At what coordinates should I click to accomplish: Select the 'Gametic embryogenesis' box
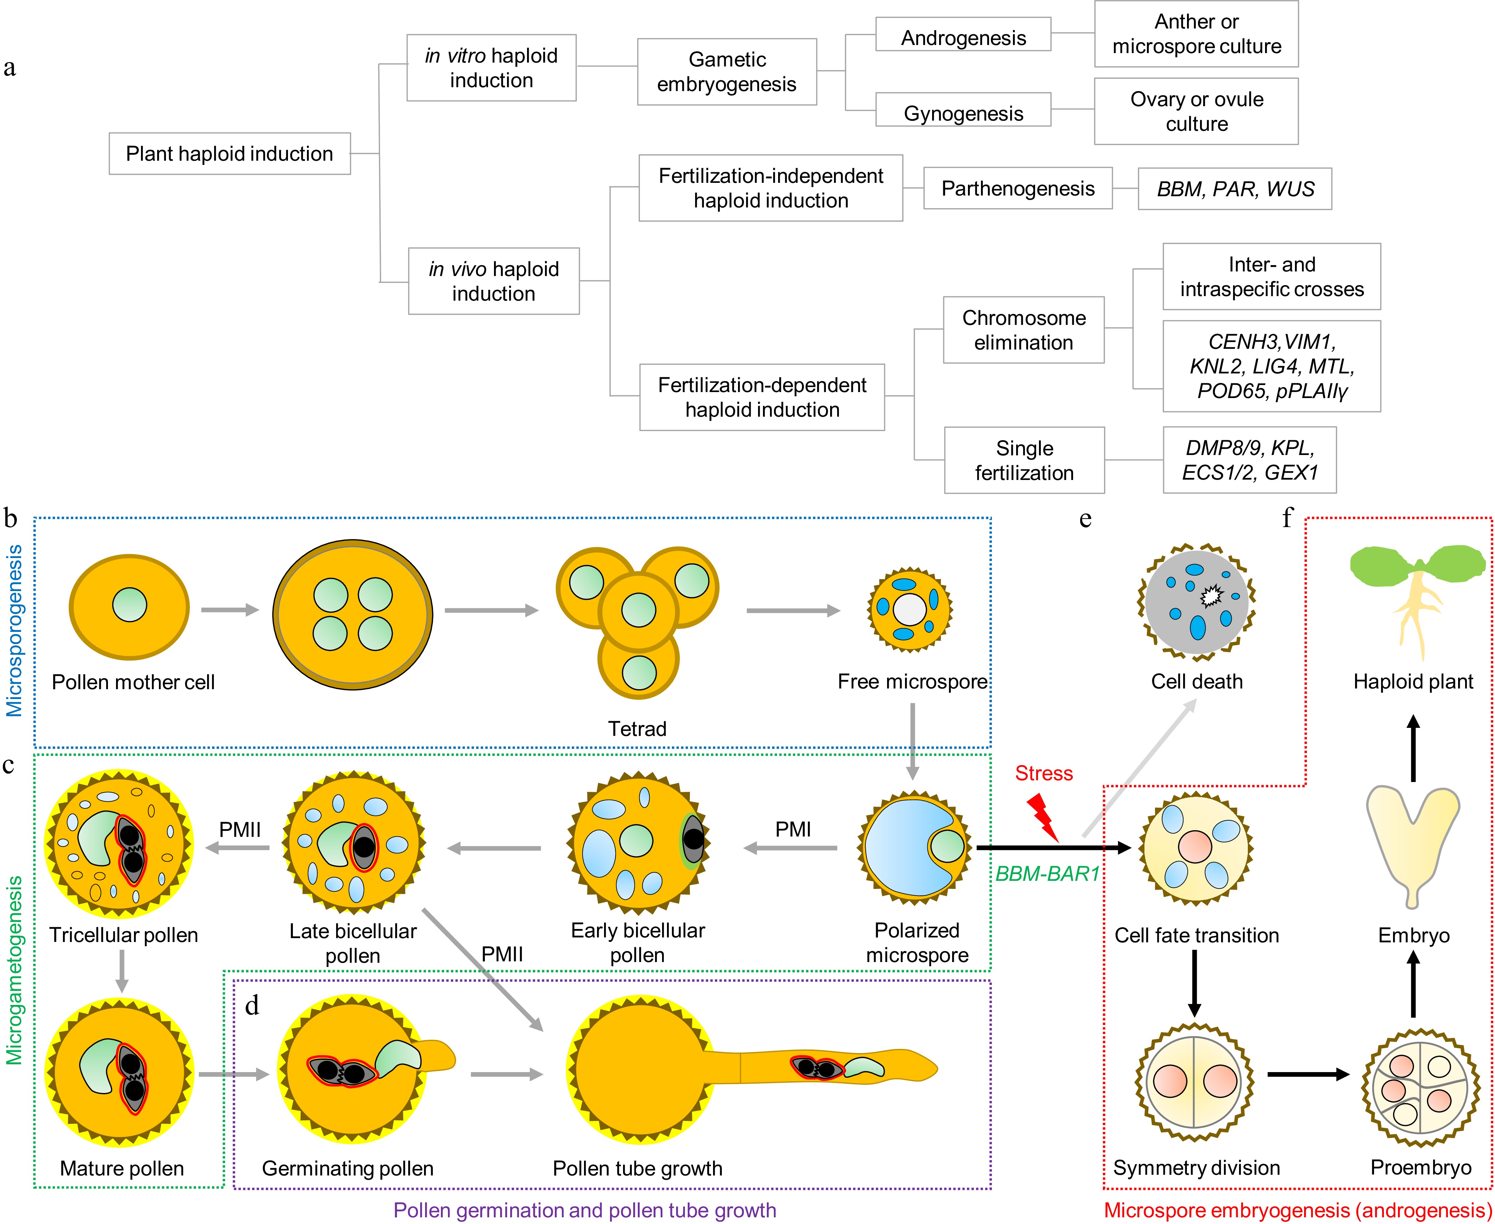coord(727,72)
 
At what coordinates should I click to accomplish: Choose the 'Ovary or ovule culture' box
coord(1196,111)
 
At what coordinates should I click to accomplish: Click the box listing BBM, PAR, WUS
coord(1235,189)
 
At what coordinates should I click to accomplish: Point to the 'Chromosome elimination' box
coord(1024,330)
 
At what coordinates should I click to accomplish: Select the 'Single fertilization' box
coord(1024,460)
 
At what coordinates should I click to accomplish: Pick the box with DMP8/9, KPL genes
coord(1249,460)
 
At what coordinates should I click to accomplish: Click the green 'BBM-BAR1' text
coord(1047,874)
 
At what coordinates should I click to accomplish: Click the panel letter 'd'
coord(252,1005)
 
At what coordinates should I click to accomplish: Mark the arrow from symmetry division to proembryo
coord(1308,1075)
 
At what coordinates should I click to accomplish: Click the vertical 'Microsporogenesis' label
coord(14,631)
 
